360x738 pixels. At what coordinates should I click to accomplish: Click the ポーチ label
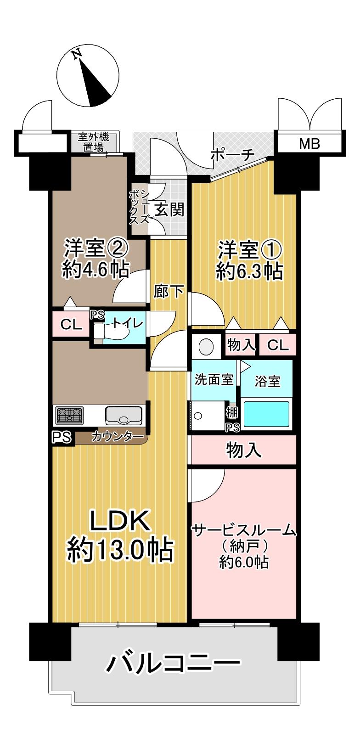point(232,156)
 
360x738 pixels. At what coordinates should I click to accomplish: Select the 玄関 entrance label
point(169,210)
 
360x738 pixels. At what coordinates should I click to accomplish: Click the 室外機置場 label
point(94,141)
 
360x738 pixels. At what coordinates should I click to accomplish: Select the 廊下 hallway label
point(169,292)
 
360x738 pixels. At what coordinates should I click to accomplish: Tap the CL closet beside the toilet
point(71,325)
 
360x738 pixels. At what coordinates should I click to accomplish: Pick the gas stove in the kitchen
point(69,416)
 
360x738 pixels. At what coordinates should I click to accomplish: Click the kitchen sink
point(124,416)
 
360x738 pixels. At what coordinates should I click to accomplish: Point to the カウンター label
point(118,436)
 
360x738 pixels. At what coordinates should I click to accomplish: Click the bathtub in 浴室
point(266,414)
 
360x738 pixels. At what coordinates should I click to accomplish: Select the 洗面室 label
point(214,380)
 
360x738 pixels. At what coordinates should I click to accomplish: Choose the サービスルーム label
point(244,531)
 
